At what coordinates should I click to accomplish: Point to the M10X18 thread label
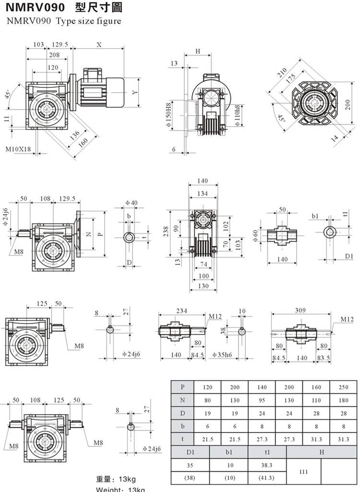(18, 149)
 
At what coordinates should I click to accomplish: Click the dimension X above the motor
(99, 45)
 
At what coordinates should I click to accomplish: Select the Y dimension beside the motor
(135, 92)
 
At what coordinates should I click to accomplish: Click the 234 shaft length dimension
(182, 311)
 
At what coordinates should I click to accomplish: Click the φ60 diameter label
(255, 236)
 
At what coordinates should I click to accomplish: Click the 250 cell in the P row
(343, 387)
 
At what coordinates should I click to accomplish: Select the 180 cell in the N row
(343, 400)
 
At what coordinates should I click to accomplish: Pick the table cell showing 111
(303, 472)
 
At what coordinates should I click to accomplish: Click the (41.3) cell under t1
(267, 478)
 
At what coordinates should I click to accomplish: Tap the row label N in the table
(182, 400)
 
